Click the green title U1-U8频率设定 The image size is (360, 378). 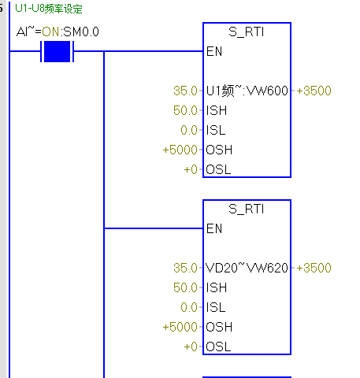49,9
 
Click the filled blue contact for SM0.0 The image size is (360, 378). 57,51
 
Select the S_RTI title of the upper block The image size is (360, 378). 246,32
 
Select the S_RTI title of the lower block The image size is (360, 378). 246,209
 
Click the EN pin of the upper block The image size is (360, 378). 214,51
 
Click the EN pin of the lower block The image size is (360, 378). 214,228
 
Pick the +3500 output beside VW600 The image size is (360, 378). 314,91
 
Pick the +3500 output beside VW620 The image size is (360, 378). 314,268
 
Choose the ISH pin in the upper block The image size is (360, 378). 217,110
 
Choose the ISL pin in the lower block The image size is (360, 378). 216,307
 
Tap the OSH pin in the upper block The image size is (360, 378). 219,150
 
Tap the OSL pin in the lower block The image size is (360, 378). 218,346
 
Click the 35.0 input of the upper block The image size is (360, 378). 185,91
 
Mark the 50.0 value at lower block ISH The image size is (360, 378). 185,287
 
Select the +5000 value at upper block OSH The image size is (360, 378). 180,150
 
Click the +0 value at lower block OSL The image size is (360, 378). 191,346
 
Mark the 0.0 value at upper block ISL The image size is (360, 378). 189,130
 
